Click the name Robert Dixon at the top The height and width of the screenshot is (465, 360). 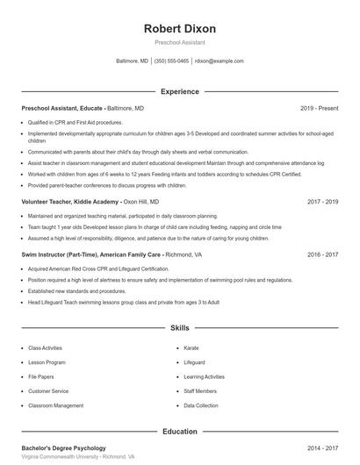(x=179, y=28)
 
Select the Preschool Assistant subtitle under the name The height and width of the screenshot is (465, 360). (x=179, y=42)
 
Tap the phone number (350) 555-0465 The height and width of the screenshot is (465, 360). (x=171, y=61)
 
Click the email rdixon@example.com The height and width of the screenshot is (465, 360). (x=220, y=61)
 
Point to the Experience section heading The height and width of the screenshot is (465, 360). (x=179, y=91)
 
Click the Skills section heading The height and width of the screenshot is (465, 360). (x=179, y=328)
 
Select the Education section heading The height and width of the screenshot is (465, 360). (x=179, y=432)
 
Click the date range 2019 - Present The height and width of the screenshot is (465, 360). (x=319, y=108)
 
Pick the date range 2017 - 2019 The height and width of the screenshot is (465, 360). (x=322, y=202)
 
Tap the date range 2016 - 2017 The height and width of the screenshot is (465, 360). (x=322, y=254)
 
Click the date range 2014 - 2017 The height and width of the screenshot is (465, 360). (x=322, y=447)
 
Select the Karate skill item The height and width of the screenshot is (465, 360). (x=191, y=348)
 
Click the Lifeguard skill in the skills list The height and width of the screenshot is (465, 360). (x=194, y=362)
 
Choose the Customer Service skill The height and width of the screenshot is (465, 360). (x=48, y=391)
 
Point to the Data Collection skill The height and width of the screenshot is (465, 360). (x=201, y=406)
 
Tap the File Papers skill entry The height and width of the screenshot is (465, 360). (x=41, y=377)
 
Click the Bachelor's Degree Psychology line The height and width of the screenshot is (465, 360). (x=64, y=447)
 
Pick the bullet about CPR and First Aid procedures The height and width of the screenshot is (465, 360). (x=75, y=123)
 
